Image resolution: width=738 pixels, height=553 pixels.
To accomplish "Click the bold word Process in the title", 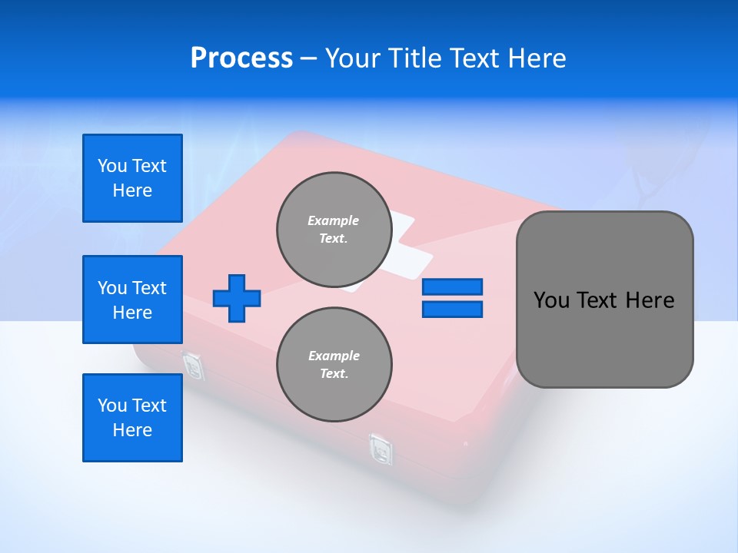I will [x=241, y=58].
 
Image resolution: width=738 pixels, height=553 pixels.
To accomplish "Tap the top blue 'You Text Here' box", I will [x=132, y=178].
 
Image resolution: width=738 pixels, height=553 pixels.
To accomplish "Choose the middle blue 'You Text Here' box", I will [x=132, y=300].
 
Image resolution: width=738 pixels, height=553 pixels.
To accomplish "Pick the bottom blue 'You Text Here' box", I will [x=132, y=418].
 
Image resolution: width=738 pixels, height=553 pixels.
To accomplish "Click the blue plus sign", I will [x=237, y=298].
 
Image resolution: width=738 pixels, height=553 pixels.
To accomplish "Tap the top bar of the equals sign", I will [x=452, y=286].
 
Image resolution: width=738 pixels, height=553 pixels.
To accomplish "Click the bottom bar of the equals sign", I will [x=452, y=310].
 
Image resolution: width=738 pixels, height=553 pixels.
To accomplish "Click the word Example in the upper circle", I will [x=334, y=220].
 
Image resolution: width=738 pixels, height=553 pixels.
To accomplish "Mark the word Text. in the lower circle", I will [x=334, y=374].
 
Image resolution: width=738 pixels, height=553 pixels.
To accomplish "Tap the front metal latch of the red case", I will [x=381, y=449].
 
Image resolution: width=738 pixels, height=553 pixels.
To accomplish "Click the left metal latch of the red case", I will [x=193, y=366].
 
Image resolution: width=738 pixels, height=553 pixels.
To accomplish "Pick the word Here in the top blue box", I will [x=132, y=190].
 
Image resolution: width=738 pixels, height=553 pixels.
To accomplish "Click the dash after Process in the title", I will [x=309, y=58].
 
